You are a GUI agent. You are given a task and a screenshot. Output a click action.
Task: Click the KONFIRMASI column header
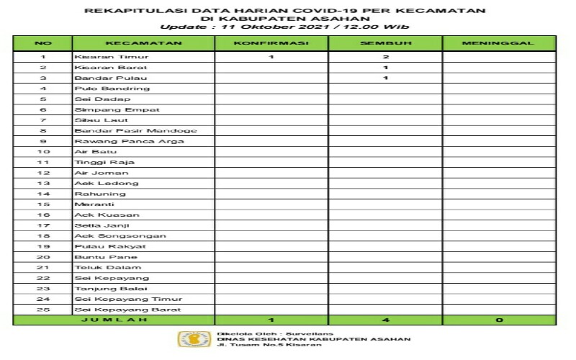pyautogui.click(x=271, y=43)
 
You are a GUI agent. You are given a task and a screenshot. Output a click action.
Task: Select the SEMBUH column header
pyautogui.click(x=385, y=43)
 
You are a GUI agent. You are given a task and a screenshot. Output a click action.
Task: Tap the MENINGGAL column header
pyautogui.click(x=498, y=43)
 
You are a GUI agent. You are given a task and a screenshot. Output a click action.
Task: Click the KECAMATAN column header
pyautogui.click(x=143, y=43)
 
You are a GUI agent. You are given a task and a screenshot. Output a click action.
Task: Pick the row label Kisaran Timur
pyautogui.click(x=102, y=56)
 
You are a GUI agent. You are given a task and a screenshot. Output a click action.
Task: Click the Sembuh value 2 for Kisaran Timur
pyautogui.click(x=386, y=56)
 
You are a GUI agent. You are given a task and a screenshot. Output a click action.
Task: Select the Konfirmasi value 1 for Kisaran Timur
pyautogui.click(x=271, y=56)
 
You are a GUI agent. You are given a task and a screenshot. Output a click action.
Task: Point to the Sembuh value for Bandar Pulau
pyautogui.click(x=386, y=78)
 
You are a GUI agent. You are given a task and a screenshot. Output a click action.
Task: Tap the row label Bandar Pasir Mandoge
pyautogui.click(x=135, y=131)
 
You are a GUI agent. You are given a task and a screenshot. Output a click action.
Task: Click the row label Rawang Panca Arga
pyautogui.click(x=129, y=141)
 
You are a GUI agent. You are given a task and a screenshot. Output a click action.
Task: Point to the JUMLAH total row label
pyautogui.click(x=114, y=320)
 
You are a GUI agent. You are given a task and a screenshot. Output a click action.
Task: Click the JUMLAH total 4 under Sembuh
pyautogui.click(x=386, y=320)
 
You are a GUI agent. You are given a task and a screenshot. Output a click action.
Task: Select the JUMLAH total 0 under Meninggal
pyautogui.click(x=498, y=320)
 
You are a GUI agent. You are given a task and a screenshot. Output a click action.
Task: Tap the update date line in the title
pyautogui.click(x=284, y=27)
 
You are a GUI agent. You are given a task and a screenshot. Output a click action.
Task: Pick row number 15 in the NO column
pyautogui.click(x=43, y=204)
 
